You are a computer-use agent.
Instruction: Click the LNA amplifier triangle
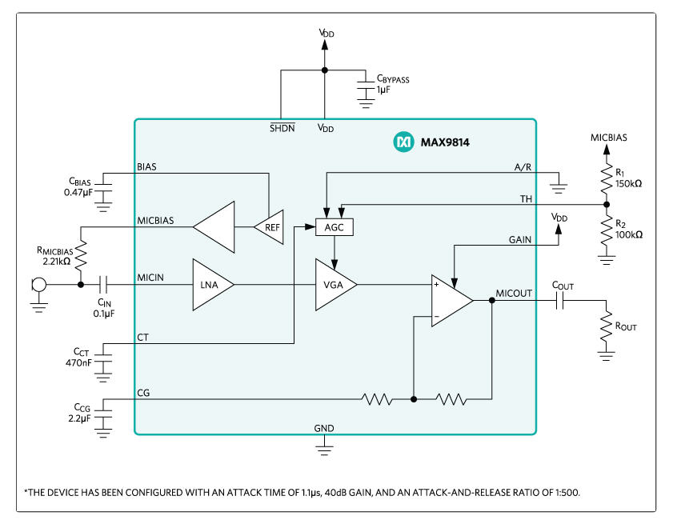[210, 284]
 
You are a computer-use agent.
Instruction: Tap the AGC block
[334, 227]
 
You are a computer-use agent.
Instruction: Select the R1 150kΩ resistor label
[628, 178]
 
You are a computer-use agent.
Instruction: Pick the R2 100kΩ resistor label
[628, 230]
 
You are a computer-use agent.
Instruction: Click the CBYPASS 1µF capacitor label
[393, 84]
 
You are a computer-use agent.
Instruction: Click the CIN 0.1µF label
[105, 308]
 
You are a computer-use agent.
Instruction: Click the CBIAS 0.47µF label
[84, 186]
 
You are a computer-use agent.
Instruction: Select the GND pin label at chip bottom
[324, 428]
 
